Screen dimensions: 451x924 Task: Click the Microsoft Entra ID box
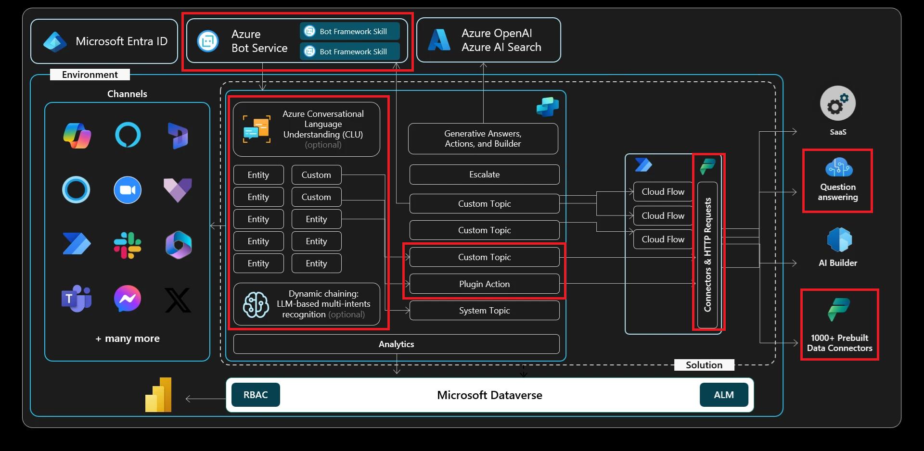point(104,41)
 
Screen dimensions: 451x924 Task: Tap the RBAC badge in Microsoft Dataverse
point(256,395)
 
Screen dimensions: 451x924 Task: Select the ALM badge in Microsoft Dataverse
point(723,395)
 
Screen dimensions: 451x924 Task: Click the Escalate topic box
point(484,175)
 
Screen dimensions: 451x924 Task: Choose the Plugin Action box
point(484,284)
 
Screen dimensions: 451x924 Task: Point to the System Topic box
point(484,311)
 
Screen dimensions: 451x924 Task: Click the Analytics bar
point(396,344)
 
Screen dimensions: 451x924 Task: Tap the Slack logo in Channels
point(128,245)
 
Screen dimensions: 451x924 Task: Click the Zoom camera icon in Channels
point(128,190)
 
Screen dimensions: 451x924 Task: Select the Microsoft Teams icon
point(76,299)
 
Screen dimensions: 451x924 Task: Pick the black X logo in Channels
point(178,300)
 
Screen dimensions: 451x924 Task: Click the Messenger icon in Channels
point(128,299)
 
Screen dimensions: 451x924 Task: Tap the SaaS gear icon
point(838,104)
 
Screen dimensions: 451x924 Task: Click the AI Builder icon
point(839,240)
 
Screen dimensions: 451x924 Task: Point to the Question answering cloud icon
point(839,168)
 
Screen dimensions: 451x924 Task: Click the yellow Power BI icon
point(159,395)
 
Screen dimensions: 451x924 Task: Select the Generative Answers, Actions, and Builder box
point(483,139)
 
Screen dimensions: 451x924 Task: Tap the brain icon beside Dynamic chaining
point(256,304)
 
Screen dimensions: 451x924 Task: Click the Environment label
point(90,75)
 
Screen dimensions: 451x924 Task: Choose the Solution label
point(704,365)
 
